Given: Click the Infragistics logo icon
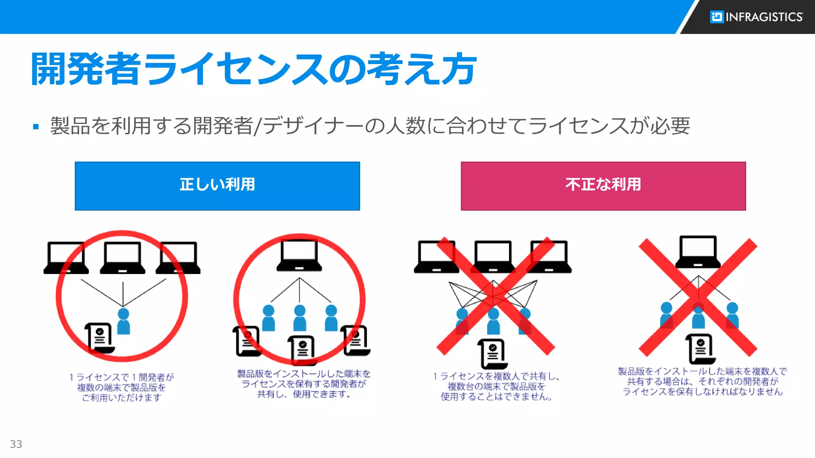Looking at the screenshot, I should pos(717,17).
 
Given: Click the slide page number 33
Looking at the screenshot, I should pos(16,444).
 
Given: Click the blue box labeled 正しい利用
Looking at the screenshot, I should pos(217,186).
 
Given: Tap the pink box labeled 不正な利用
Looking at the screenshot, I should pos(603,186).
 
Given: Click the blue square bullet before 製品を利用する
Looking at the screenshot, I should pos(36,127).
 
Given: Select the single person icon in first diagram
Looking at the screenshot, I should pos(123,321).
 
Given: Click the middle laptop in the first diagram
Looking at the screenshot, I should pos(123,258).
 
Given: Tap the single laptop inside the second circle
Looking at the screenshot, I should pos(299,256).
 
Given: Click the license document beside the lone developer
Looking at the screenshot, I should pos(99,338).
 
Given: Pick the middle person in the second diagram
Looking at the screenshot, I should pos(300,318).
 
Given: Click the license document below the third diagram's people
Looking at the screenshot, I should pos(493,353).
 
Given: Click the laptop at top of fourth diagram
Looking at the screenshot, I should pos(698,252).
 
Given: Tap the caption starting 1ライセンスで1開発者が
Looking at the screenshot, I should pos(121,387).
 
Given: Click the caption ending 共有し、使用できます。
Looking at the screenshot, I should pos(304,384).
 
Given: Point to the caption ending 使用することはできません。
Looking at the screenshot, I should pos(496,386).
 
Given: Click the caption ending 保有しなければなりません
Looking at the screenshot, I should pos(702,382).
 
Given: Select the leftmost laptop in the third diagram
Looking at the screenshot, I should pos(436,257).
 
